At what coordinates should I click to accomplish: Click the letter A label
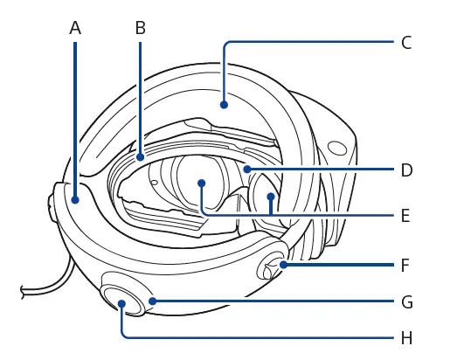[75, 29]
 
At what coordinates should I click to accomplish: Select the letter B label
[141, 29]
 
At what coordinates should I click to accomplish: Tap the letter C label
[406, 43]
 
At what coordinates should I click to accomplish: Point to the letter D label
[407, 170]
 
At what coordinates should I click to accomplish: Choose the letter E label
[405, 216]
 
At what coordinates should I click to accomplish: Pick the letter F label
[405, 265]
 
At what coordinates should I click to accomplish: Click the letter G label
[407, 301]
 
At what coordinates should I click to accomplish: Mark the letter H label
[407, 338]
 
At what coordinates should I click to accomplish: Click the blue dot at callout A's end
[75, 200]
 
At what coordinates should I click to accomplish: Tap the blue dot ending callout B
[141, 157]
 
